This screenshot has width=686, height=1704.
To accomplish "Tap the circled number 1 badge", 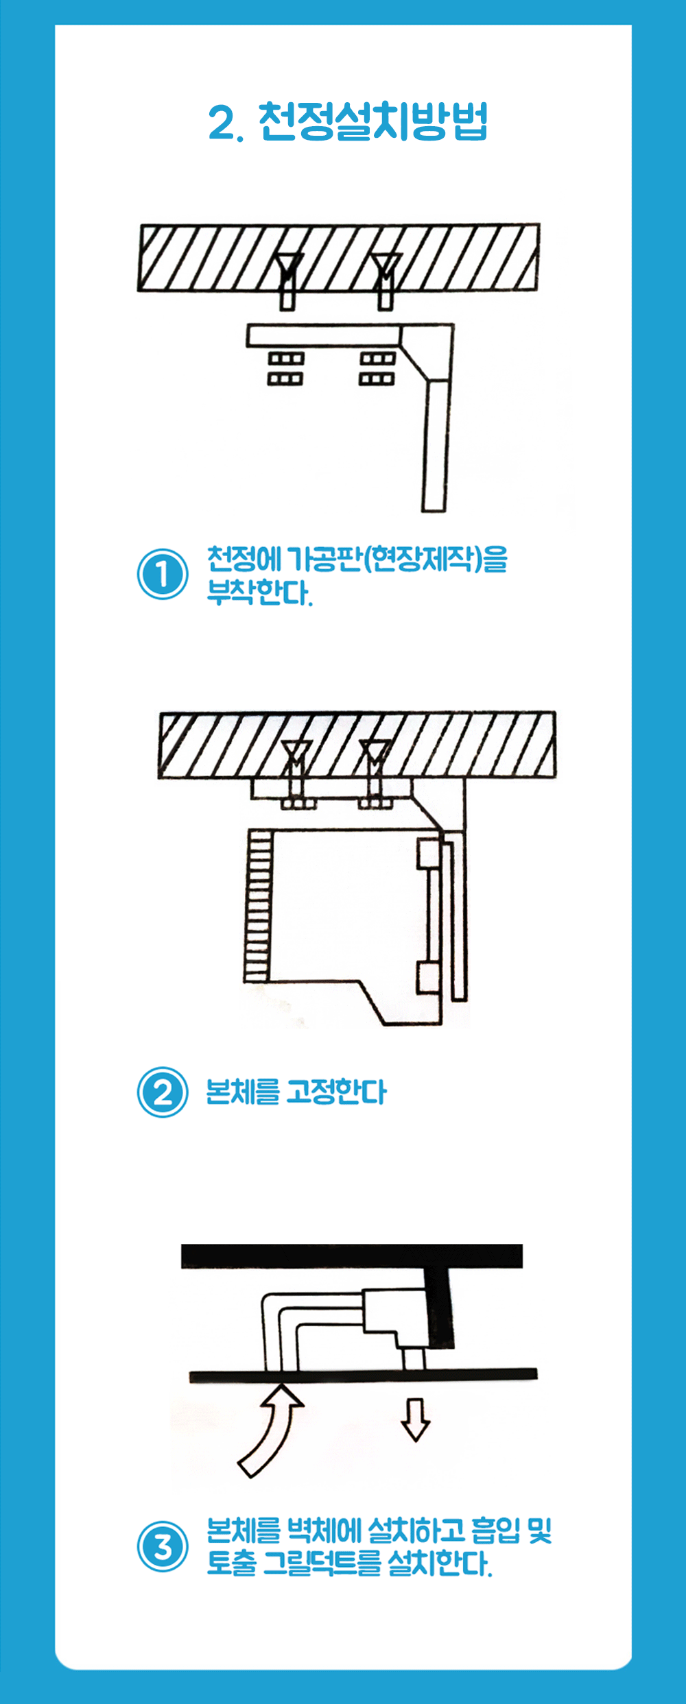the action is pos(163,574).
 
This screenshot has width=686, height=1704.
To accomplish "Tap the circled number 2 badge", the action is pos(163,1092).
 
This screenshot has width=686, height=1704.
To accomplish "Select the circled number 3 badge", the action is pos(163,1546).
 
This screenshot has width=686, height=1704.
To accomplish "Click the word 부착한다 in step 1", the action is pos(260,592).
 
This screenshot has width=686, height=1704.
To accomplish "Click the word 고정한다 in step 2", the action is pos(336,1092).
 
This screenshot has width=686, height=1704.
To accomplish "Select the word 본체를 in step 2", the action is pos(244,1092).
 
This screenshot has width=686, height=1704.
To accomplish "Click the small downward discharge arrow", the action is pos(415,1419).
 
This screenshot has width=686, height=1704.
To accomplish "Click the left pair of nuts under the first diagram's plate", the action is pos(285,368).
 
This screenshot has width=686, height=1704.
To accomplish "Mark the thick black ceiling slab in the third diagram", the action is pos(352,1256).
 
